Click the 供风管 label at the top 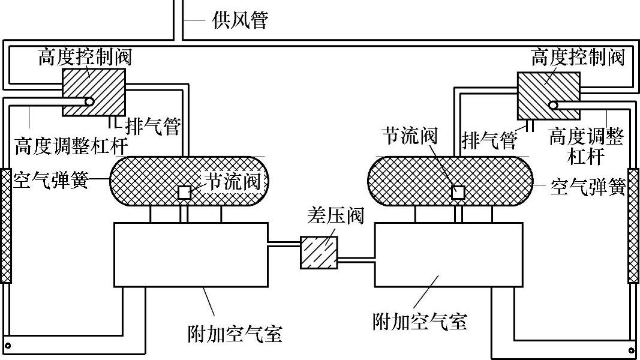(239, 21)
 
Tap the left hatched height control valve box (94, 91)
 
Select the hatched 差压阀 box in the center (319, 252)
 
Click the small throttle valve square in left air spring (185, 193)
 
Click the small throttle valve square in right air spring (459, 192)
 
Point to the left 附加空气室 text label (235, 332)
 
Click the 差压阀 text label (335, 215)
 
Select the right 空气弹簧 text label (588, 187)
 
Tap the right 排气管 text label (489, 140)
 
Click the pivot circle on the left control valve (89, 102)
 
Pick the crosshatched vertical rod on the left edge (5, 225)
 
